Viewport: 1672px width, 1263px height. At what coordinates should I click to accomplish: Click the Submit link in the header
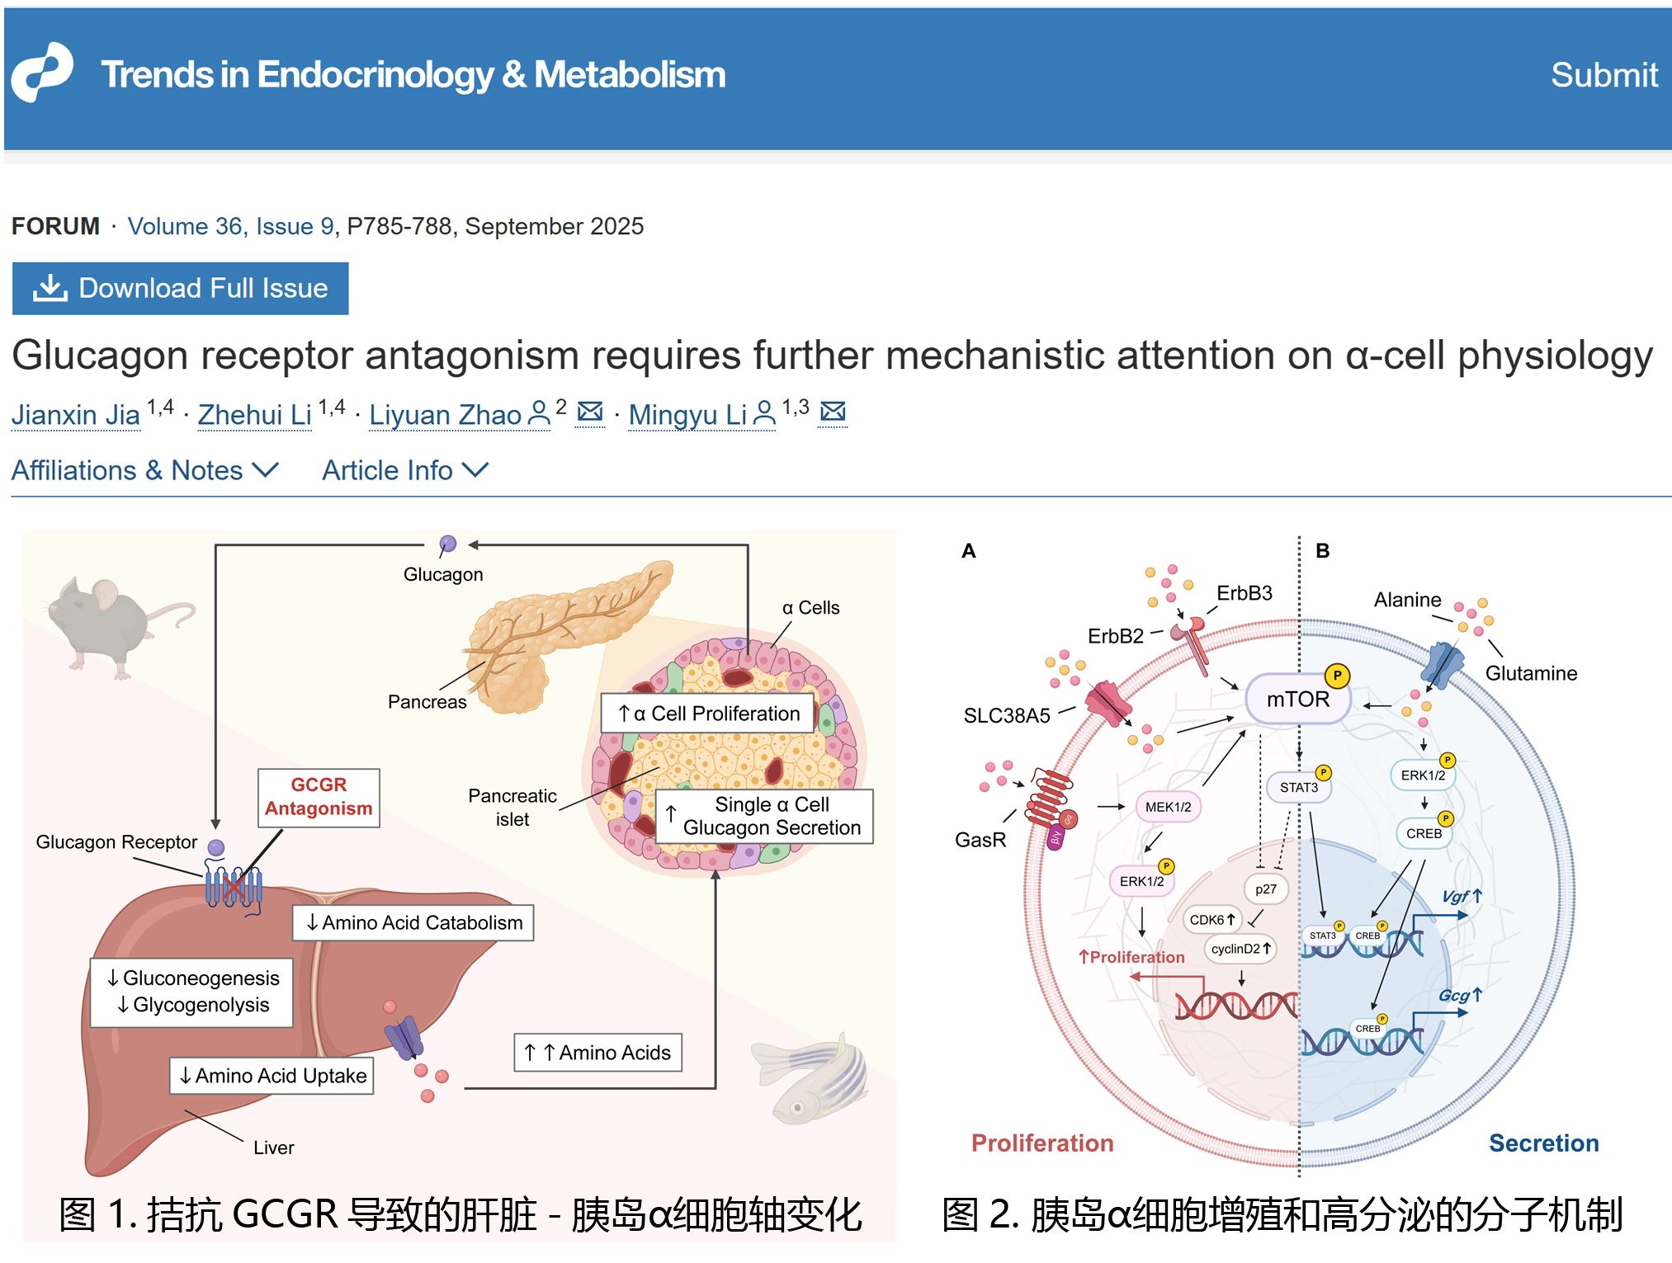pyautogui.click(x=1604, y=75)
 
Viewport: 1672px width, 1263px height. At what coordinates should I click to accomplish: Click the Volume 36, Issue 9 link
pyautogui.click(x=230, y=226)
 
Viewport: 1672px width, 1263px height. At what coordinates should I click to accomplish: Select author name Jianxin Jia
pyautogui.click(x=76, y=414)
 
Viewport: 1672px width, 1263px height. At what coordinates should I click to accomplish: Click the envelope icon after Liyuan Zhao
pyautogui.click(x=590, y=412)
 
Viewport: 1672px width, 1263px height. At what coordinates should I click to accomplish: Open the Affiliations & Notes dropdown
pyautogui.click(x=144, y=470)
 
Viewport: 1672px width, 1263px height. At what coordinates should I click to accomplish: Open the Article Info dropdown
pyautogui.click(x=404, y=470)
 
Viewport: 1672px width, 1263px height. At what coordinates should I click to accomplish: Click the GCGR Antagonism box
pyautogui.click(x=319, y=797)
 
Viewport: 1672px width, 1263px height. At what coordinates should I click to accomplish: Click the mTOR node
pyautogui.click(x=1297, y=700)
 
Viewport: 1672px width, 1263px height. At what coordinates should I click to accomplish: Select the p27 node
pyautogui.click(x=1265, y=889)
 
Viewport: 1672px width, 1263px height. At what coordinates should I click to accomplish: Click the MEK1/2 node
pyautogui.click(x=1168, y=807)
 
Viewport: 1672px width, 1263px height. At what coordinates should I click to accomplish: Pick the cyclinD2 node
pyautogui.click(x=1240, y=949)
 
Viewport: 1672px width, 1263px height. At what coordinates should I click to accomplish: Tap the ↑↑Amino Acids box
pyautogui.click(x=598, y=1053)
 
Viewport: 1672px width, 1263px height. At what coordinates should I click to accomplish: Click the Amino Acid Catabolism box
pyautogui.click(x=413, y=922)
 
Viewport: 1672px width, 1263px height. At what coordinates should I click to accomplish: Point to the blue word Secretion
pyautogui.click(x=1543, y=1143)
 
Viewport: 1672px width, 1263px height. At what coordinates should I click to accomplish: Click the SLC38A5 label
pyautogui.click(x=1007, y=715)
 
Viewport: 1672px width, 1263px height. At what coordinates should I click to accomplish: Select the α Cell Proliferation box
pyautogui.click(x=709, y=714)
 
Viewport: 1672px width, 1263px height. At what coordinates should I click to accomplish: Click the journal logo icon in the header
pyautogui.click(x=42, y=73)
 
